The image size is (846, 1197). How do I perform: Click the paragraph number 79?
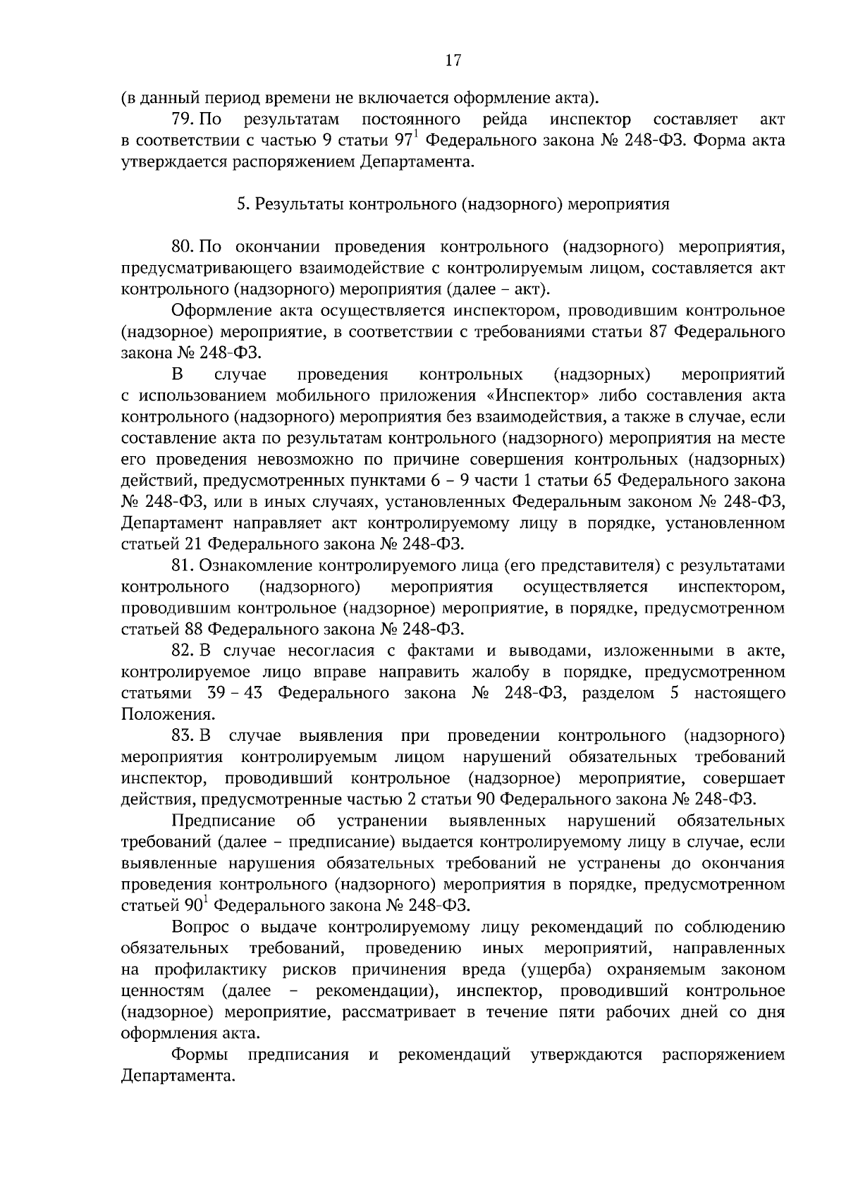coord(184,118)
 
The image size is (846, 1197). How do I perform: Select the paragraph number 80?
coord(184,247)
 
